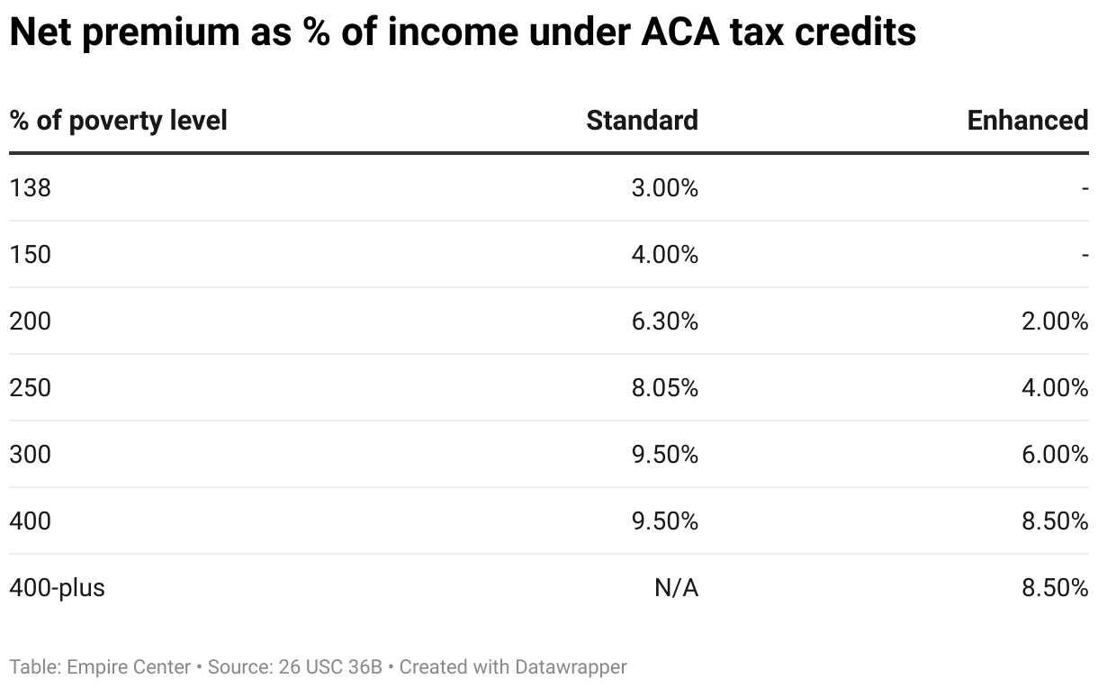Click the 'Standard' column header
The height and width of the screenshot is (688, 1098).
coord(642,121)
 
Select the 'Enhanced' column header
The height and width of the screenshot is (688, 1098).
coord(1027,121)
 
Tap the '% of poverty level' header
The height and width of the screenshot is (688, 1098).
coord(118,121)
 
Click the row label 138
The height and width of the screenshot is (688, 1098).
coord(30,188)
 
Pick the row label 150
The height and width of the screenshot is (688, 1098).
coord(30,255)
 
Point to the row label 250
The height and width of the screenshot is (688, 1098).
coord(30,388)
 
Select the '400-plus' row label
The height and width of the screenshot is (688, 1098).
coord(57,588)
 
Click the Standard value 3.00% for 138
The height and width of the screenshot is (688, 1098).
coord(664,188)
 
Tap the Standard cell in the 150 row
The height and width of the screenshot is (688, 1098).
coord(664,255)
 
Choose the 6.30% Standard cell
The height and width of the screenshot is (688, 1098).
coord(664,321)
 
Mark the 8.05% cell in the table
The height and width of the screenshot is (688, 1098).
coord(664,388)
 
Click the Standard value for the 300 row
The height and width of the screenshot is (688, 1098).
coord(664,455)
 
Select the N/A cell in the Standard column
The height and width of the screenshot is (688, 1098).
coord(676,588)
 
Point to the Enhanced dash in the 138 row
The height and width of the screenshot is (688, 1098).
coord(1084,188)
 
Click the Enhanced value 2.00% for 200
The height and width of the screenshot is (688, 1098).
coord(1055,321)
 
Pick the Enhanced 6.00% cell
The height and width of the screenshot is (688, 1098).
coord(1055,455)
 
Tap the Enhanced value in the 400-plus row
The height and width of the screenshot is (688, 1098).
coord(1055,588)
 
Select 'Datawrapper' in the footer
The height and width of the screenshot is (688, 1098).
coord(571,667)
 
